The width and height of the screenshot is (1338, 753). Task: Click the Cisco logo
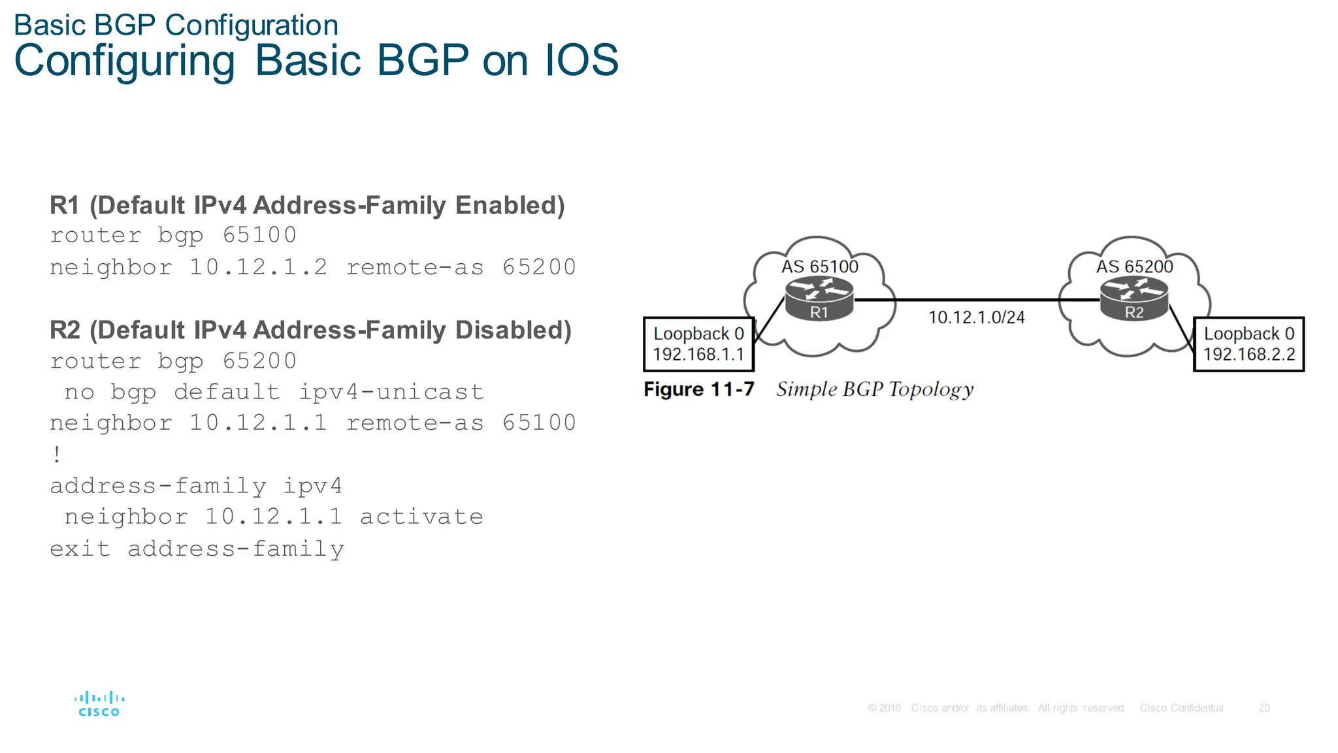coord(99,705)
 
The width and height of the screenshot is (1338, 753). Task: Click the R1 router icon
coord(819,298)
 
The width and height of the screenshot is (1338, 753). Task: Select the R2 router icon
coord(1134,298)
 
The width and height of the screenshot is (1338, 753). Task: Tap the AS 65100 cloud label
coord(819,266)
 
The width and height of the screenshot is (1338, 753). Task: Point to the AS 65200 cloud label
coord(1134,266)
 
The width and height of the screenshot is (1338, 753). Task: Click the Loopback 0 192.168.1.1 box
coord(698,344)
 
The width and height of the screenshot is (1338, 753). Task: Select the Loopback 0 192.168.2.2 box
coord(1248,344)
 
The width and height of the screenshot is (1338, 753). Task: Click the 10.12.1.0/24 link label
coord(976,317)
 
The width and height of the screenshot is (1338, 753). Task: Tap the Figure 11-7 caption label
coord(698,389)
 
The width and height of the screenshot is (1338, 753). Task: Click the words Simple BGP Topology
coord(874,389)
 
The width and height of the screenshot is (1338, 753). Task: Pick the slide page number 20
coord(1264,708)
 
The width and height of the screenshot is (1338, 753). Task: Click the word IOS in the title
coord(581,60)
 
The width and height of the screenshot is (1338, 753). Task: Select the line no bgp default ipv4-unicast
coord(274,392)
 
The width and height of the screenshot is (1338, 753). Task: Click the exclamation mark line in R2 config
coord(57,454)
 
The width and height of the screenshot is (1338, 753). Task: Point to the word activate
coord(421,517)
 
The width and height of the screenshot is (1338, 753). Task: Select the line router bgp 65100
coord(173,235)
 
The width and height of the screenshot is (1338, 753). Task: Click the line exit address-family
coord(197,549)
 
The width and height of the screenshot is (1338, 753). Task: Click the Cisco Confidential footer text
coord(1181,708)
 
